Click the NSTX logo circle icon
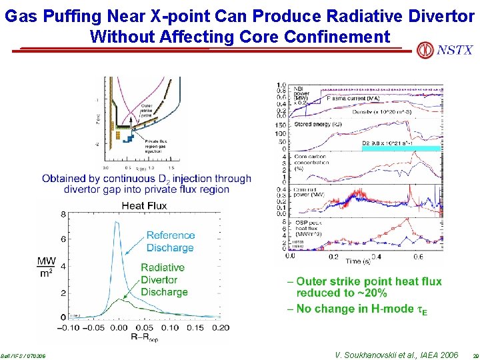tap(424, 50)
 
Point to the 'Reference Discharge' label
tap(170, 241)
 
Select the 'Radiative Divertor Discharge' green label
tap(164, 279)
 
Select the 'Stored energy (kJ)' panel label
tap(316, 124)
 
